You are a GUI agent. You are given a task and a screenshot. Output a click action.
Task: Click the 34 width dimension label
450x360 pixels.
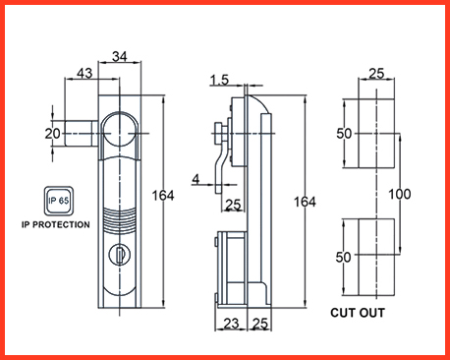point(120,56)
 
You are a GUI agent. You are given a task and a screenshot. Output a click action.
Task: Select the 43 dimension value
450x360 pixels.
point(84,73)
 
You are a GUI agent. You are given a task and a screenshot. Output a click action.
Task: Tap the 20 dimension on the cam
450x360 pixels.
point(52,134)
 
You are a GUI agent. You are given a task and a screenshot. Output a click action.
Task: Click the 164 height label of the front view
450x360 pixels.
point(163,196)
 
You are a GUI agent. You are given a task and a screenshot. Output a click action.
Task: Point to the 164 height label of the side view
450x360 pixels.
point(305,202)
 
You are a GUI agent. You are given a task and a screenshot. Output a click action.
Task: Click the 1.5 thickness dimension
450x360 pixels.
point(219,80)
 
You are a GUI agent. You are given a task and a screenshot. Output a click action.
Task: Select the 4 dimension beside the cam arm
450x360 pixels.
point(196,179)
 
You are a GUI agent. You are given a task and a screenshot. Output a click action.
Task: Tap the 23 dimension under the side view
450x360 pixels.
point(231,324)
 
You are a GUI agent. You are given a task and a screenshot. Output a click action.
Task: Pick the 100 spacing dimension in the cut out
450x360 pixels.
point(400,194)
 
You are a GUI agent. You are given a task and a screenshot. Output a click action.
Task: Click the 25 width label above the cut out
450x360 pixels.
point(376,73)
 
